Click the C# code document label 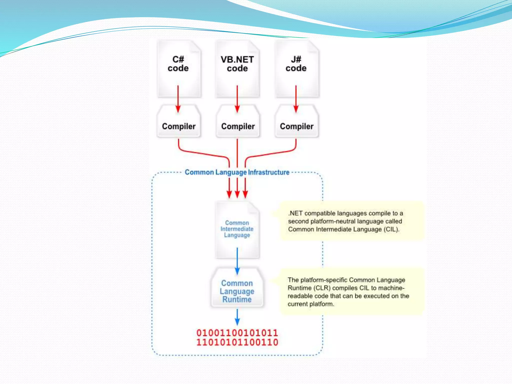(178, 64)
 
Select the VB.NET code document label (237, 64)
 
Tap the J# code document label (296, 64)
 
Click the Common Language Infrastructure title (237, 172)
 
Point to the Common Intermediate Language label (237, 229)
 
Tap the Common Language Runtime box (237, 291)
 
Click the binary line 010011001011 (237, 333)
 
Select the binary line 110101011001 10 (237, 342)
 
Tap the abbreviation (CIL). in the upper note (391, 229)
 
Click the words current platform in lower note (311, 304)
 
